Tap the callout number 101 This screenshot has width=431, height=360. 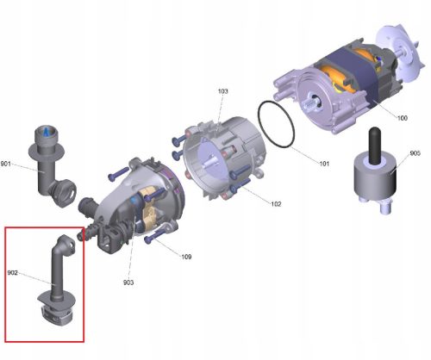click(325, 162)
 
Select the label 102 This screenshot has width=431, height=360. click(275, 204)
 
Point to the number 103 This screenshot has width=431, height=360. click(223, 91)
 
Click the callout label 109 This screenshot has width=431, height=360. click(187, 256)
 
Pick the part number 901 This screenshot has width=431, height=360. click(6, 164)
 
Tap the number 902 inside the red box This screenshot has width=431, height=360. click(14, 275)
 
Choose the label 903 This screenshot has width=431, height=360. click(128, 282)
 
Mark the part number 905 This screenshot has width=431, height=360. click(415, 153)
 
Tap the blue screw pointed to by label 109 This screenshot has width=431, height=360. click(156, 238)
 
